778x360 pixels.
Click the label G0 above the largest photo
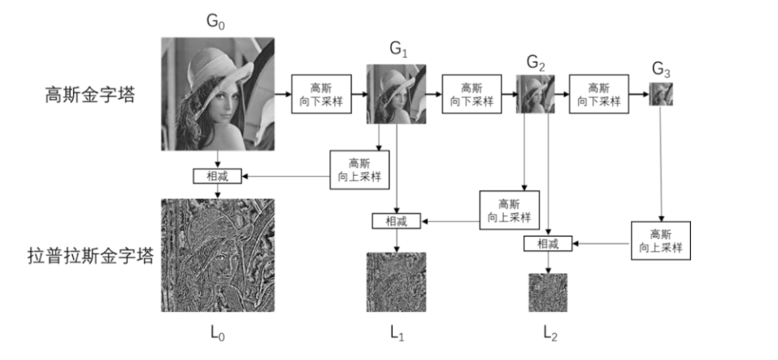pos(215,22)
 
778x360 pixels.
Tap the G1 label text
pos(398,50)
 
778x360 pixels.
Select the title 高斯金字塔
pos(89,94)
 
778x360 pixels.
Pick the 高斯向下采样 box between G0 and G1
pos(322,94)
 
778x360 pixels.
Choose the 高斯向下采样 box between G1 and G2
pos(471,94)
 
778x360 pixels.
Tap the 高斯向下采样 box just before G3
pos(598,94)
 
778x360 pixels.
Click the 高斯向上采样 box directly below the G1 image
pos(358,169)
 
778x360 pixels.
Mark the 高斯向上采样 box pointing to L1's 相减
pos(509,210)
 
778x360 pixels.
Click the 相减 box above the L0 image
pos(217,176)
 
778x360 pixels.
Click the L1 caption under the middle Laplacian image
pos(397,333)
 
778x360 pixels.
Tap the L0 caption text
pos(216,333)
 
